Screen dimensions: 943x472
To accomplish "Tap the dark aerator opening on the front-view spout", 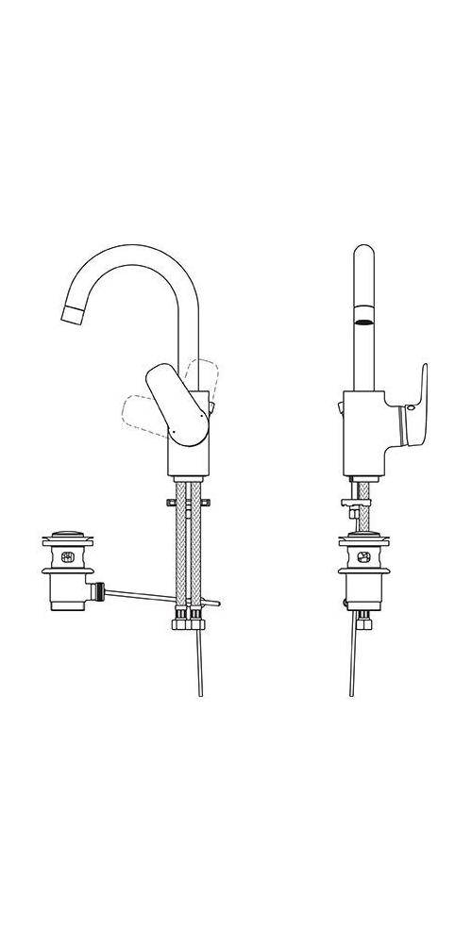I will [364, 321].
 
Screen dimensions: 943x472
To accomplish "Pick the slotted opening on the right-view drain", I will [364, 558].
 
